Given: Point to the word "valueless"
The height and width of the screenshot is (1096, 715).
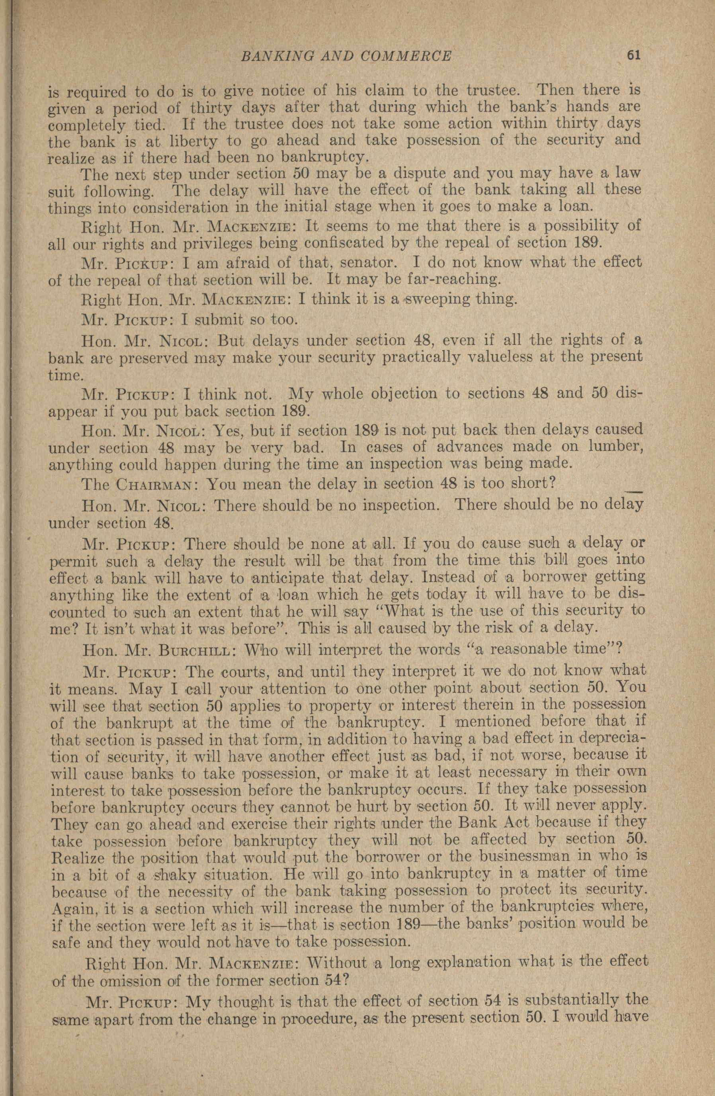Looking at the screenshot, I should (x=496, y=357).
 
